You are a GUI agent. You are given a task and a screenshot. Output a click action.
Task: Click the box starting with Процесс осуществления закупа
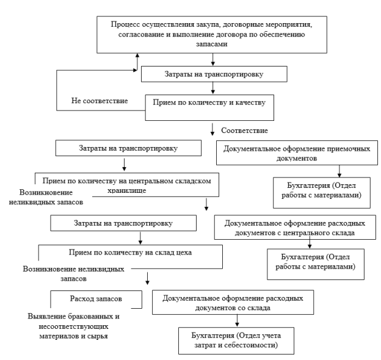coord(212,35)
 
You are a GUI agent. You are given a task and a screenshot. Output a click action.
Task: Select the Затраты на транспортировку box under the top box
coord(214,74)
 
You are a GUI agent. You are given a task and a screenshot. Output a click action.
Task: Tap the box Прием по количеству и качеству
coord(209,107)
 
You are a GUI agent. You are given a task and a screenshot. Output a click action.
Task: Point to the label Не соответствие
coord(100,101)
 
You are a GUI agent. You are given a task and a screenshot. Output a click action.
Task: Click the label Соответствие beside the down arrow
coord(244,131)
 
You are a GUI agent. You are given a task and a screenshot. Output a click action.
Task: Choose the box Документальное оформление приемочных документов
coord(297,153)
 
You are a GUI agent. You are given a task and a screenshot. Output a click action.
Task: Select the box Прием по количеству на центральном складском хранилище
coord(127,185)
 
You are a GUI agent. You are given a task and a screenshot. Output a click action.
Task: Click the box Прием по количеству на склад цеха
coord(131,257)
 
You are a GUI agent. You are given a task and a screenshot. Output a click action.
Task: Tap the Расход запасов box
coord(96,300)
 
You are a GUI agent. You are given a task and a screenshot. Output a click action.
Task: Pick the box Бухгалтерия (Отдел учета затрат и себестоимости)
coord(236,340)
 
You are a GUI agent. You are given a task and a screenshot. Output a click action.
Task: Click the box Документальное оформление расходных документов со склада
coord(233,302)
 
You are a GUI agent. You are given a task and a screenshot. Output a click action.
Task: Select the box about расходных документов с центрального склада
coord(295,228)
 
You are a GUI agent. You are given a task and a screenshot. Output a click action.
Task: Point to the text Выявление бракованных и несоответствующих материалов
coord(74,326)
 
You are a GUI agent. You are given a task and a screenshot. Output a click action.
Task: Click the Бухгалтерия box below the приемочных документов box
coord(322,193)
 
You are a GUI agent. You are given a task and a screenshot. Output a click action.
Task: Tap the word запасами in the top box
coord(212,44)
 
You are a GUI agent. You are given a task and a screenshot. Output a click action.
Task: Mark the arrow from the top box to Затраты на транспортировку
coord(213,59)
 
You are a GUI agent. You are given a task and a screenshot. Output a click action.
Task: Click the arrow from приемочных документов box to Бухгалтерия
coord(339,171)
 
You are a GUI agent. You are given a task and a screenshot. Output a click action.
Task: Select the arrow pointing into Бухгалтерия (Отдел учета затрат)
coord(237,321)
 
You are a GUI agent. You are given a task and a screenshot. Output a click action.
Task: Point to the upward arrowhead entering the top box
coord(137,56)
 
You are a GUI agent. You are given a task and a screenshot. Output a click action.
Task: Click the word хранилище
coord(127,190)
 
